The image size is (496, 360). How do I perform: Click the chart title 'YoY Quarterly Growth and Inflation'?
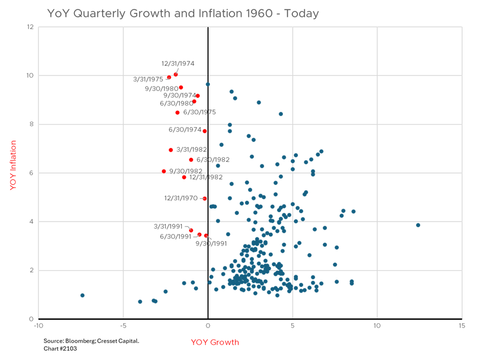(182, 13)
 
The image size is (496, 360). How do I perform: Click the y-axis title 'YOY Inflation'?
(13, 166)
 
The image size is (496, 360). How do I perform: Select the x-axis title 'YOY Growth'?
(215, 342)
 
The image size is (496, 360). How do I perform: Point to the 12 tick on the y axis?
(30, 27)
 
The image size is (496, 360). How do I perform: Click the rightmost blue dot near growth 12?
(418, 225)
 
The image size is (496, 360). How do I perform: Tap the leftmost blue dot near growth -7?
(82, 295)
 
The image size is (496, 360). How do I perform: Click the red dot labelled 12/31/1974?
(176, 74)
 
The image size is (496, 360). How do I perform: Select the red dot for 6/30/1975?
(177, 112)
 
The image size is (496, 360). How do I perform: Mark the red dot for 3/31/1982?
(171, 150)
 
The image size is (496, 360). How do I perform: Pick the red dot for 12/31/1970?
(204, 198)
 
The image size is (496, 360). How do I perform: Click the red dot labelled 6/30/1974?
(205, 131)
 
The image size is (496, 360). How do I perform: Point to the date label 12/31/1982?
(206, 177)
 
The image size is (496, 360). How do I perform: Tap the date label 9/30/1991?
(211, 243)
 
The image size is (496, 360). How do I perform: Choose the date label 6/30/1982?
(213, 160)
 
